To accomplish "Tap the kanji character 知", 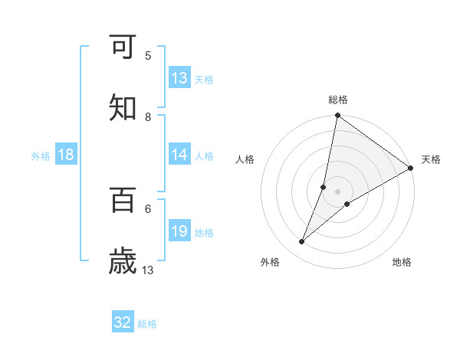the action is [x=123, y=108].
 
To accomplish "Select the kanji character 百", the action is [x=123, y=200].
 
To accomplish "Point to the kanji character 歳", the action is [x=123, y=261].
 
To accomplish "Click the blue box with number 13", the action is [x=179, y=78].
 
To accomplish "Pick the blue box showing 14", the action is [x=179, y=155].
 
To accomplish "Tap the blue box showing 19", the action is [x=179, y=231].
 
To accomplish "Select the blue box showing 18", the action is [x=66, y=155].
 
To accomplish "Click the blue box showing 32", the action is [x=123, y=322].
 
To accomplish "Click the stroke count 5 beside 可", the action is [x=148, y=55].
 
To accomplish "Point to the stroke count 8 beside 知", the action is [x=148, y=116].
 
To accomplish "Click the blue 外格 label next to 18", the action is [x=41, y=155].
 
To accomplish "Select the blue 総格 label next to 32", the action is [x=147, y=323].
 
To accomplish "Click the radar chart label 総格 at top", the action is [x=338, y=100].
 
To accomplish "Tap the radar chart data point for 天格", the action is [x=411, y=169].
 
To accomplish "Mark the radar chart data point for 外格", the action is [x=302, y=242].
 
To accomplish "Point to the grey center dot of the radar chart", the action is [x=338, y=191].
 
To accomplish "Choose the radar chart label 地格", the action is [x=402, y=262].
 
